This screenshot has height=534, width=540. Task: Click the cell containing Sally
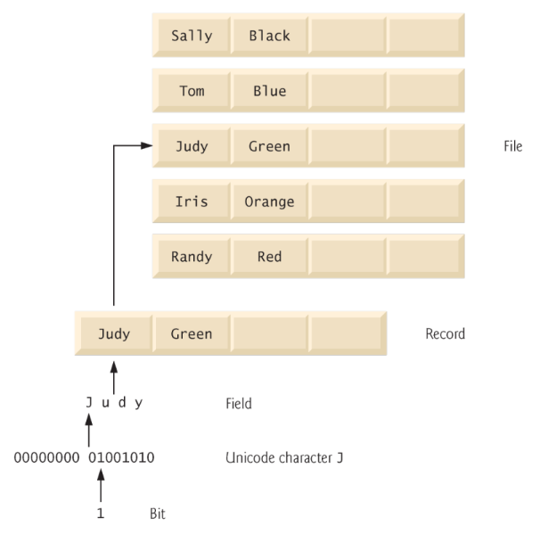click(x=191, y=37)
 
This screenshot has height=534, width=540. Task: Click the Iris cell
click(x=191, y=201)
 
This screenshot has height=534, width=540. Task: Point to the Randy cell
click(x=191, y=257)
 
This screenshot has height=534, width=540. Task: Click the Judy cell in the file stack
click(x=191, y=146)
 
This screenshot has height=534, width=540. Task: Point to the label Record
click(x=446, y=335)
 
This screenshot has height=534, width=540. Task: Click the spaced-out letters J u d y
click(x=114, y=402)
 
